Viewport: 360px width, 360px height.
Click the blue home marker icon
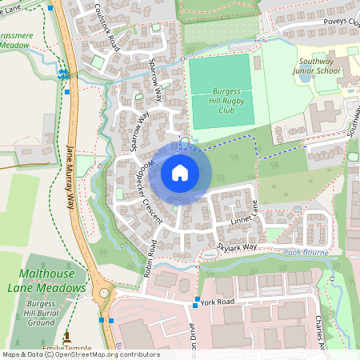click(x=180, y=173)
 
